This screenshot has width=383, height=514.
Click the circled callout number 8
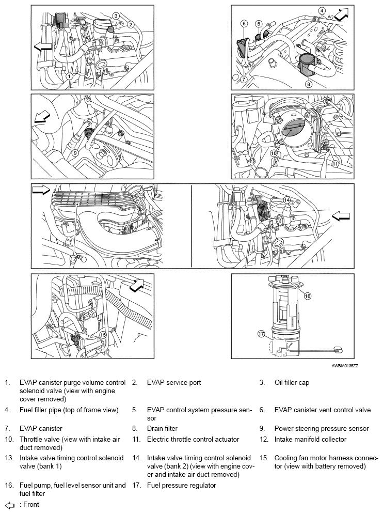(x=308, y=83)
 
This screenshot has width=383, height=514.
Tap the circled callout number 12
(x=73, y=258)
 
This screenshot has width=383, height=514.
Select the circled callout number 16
(x=307, y=297)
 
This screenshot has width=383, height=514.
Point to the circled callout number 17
(x=261, y=334)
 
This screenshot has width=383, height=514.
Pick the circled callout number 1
(x=69, y=76)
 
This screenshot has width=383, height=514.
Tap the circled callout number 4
(x=322, y=10)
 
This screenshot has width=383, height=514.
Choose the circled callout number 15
(x=103, y=335)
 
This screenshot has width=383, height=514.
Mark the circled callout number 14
(x=286, y=200)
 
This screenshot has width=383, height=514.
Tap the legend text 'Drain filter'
(x=162, y=428)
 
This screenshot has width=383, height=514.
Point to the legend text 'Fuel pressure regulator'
(x=181, y=486)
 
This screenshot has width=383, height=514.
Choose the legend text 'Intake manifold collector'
(x=310, y=440)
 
